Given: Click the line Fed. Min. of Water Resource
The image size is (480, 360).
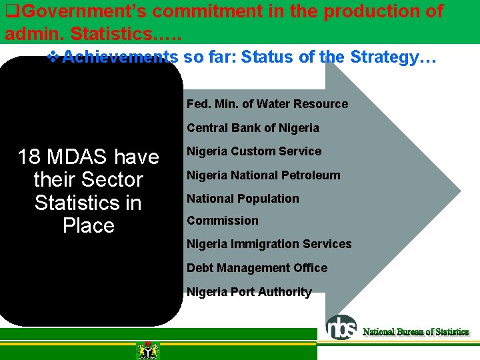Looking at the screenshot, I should [x=267, y=104].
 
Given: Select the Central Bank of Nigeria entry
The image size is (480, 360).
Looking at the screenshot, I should [x=253, y=128].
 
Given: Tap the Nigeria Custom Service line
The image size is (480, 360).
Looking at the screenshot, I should [x=253, y=151].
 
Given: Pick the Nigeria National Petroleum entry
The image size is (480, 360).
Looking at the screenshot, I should [x=263, y=175].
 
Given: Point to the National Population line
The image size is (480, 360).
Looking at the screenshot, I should [x=243, y=199].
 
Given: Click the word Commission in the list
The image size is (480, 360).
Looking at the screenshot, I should [x=222, y=221].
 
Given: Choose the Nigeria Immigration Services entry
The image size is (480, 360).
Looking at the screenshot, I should [x=269, y=244].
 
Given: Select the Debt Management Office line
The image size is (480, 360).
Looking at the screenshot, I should [x=257, y=268].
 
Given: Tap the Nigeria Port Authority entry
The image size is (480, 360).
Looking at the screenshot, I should [x=249, y=292].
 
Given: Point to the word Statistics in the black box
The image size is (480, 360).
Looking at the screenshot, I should [x=88, y=203].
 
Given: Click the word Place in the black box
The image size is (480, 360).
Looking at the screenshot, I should [x=88, y=226].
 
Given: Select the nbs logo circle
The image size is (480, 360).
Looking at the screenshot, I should [x=341, y=327].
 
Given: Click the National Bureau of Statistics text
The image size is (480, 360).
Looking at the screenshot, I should [x=415, y=332].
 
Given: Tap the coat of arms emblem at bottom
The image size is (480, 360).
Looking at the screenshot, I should [x=147, y=350].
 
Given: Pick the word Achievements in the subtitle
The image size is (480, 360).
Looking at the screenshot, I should [x=120, y=57].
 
